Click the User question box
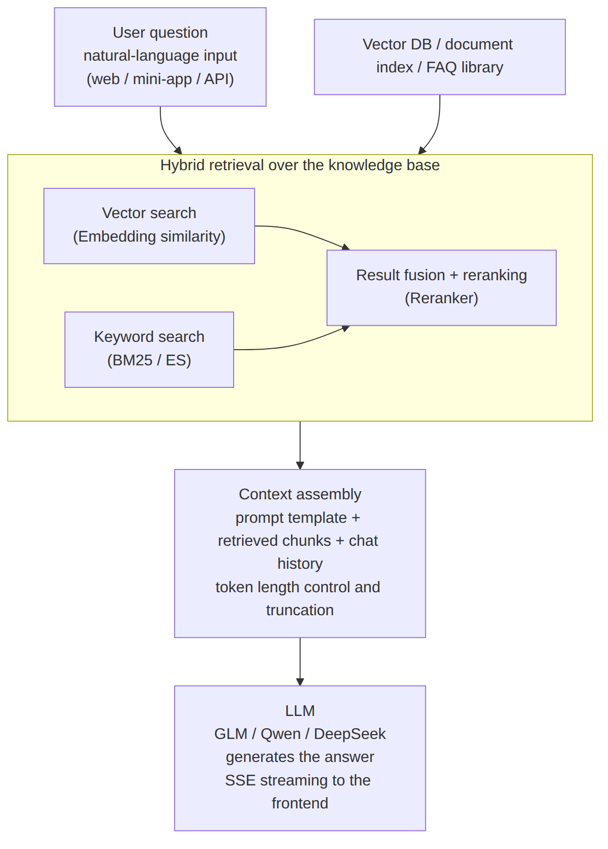click(x=160, y=57)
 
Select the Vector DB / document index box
click(x=440, y=57)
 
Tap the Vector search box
click(x=149, y=226)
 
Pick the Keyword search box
click(x=149, y=350)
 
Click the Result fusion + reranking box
click(x=441, y=288)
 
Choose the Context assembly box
click(x=300, y=553)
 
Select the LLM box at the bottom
click(x=300, y=758)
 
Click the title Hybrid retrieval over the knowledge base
click(x=300, y=165)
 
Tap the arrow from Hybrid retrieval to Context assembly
click(x=300, y=445)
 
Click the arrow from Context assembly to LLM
click(x=300, y=661)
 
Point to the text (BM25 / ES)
click(x=149, y=360)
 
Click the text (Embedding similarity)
click(x=149, y=237)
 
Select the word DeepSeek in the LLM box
click(x=350, y=734)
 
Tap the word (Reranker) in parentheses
click(x=441, y=298)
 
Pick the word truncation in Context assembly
click(x=300, y=610)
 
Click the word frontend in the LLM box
click(x=300, y=803)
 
